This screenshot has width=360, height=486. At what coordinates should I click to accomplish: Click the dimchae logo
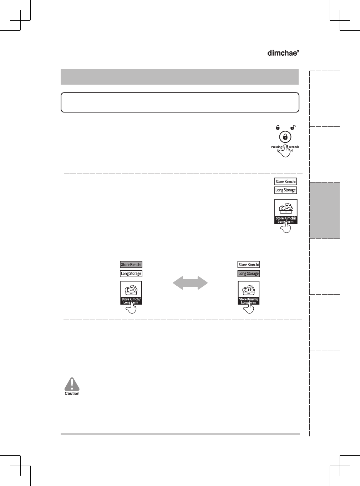(x=283, y=53)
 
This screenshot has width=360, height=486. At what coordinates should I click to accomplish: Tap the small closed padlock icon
(x=278, y=127)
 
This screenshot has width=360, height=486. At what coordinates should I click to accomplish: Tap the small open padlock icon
(x=293, y=127)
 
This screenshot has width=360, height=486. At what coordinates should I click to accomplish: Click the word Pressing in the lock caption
(x=277, y=147)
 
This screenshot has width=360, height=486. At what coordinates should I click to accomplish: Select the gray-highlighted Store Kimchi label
(x=131, y=265)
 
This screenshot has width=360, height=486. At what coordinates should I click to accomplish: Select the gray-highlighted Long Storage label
(x=249, y=274)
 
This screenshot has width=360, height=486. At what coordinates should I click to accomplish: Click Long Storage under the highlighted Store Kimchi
(x=131, y=274)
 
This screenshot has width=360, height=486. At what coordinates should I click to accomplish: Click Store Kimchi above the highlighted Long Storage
(x=249, y=265)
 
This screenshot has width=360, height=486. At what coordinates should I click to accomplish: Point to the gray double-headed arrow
(x=190, y=283)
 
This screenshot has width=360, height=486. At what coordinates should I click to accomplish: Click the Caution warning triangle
(x=72, y=384)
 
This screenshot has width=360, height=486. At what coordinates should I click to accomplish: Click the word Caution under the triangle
(x=72, y=394)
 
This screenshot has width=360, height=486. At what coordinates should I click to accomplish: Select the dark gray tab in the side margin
(x=325, y=210)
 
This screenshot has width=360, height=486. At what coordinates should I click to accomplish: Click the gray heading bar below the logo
(x=179, y=77)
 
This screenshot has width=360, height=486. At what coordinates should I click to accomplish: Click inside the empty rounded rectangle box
(x=180, y=102)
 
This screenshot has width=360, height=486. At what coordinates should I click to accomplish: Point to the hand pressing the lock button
(x=285, y=151)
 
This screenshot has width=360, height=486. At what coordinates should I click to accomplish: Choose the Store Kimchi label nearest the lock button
(x=285, y=181)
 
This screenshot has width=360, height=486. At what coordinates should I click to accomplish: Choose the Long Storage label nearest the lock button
(x=285, y=190)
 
